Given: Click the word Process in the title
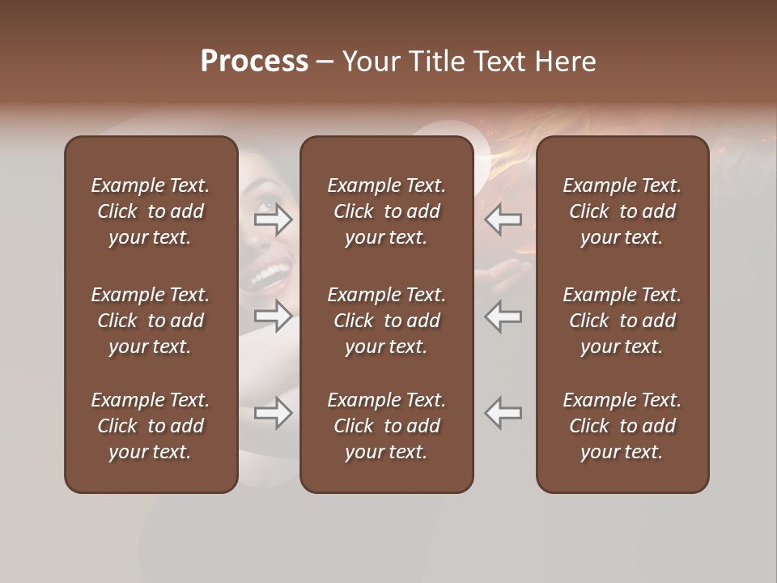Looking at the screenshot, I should pos(254,62).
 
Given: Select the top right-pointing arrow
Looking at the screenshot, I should pos(273,219).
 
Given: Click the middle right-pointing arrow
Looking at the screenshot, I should pos(273,316).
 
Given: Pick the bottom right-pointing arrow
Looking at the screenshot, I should pos(273,413).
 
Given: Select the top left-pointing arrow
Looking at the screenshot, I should pos(503,219).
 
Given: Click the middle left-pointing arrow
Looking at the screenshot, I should pos(503,316).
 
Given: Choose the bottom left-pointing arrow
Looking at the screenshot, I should pos(503,413).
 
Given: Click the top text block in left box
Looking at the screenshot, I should pos(151,211).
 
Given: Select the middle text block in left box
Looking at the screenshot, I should pos(151,321).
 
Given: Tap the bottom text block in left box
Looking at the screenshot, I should pos(151,426).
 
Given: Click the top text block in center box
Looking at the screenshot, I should pos(387,211).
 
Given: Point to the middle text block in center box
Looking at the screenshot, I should pos(387,321).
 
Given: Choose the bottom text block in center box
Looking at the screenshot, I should pos(387,426).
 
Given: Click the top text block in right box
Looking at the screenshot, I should pos(622,211).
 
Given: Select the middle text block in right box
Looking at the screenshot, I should pos(622,321).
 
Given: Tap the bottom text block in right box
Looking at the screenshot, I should pos(622,426).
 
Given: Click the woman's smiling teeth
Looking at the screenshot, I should pos(272,276).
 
